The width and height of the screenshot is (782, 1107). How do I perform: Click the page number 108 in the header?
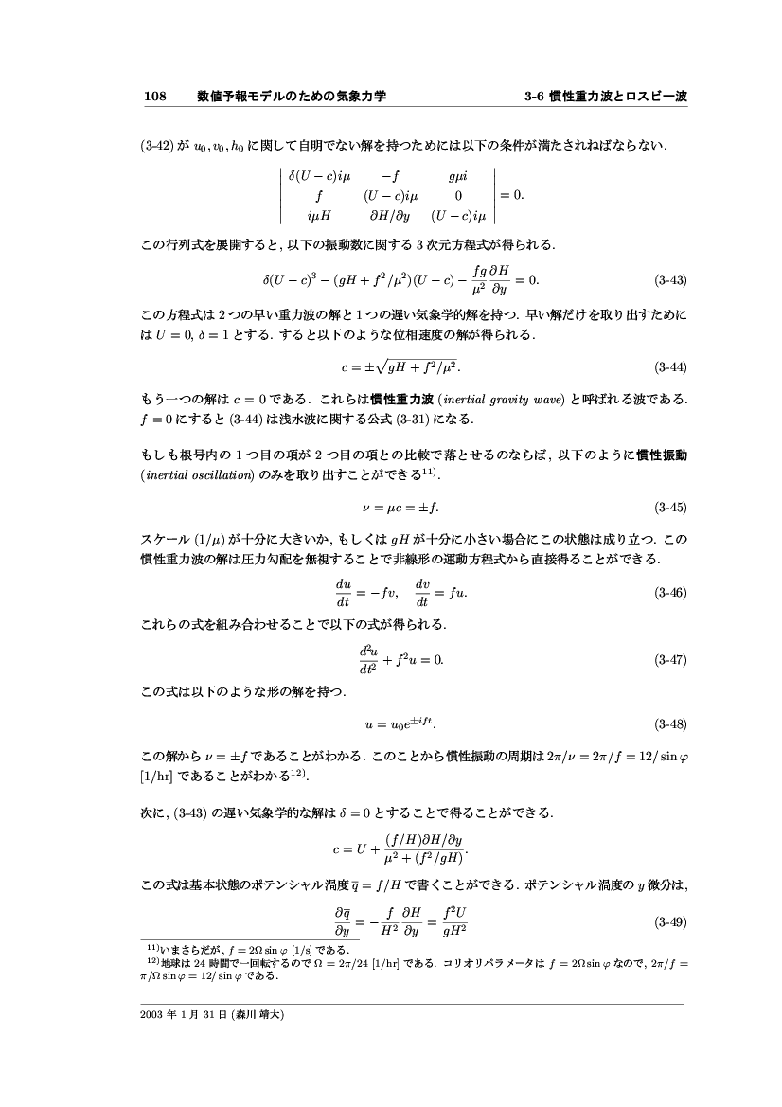tap(154, 97)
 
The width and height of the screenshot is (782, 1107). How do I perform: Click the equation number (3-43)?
tap(670, 280)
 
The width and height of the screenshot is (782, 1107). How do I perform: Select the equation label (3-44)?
tap(670, 366)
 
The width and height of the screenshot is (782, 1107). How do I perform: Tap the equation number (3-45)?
tap(670, 508)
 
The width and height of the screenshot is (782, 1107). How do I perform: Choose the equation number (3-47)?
tap(670, 659)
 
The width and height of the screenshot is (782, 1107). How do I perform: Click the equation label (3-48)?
tap(670, 725)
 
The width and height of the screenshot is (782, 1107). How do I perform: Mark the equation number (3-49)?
tap(670, 921)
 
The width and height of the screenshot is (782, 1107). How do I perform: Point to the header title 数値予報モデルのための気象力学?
tap(291, 97)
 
